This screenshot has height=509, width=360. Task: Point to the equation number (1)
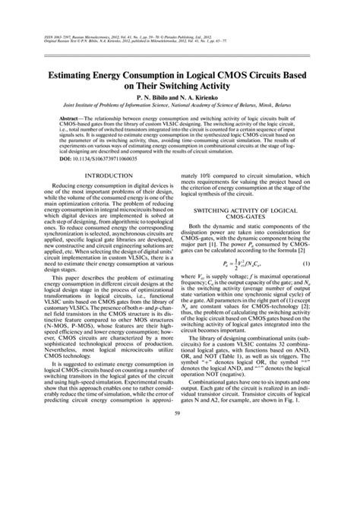(327, 285)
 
